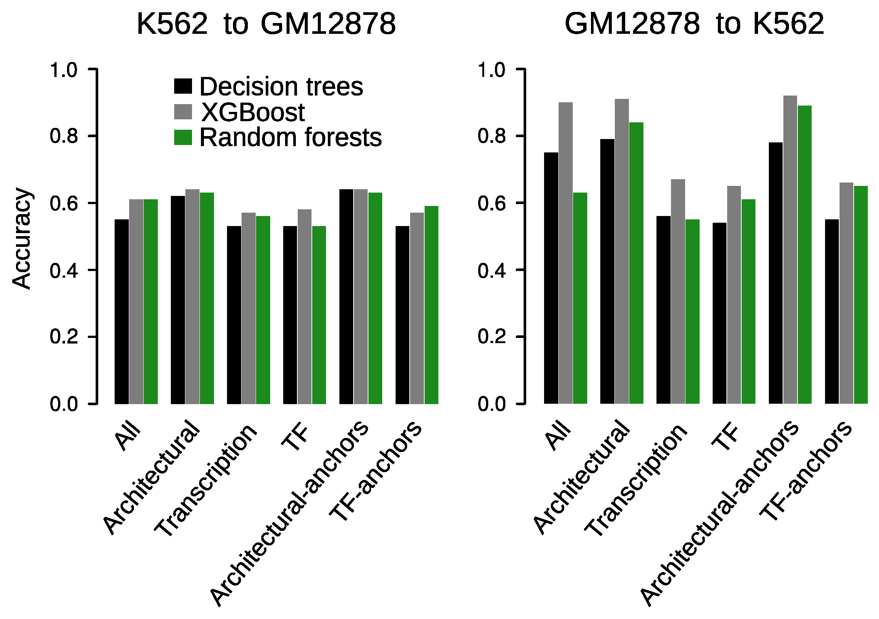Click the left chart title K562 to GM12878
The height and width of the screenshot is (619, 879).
pos(266,24)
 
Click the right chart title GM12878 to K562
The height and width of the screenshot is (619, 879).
pos(694,24)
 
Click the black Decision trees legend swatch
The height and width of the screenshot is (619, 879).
pos(183,86)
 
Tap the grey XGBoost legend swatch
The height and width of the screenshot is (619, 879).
pos(183,112)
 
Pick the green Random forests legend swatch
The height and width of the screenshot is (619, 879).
pos(183,137)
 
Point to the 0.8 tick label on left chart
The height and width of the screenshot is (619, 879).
pos(64,136)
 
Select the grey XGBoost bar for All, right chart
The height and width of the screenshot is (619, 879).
pos(565,252)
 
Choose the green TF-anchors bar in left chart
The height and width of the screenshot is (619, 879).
pos(431,304)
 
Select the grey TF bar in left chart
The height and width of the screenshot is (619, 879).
pos(304,306)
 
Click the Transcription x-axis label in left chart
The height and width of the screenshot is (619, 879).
pos(206,480)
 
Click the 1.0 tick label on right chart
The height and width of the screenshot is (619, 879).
pos(492,70)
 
